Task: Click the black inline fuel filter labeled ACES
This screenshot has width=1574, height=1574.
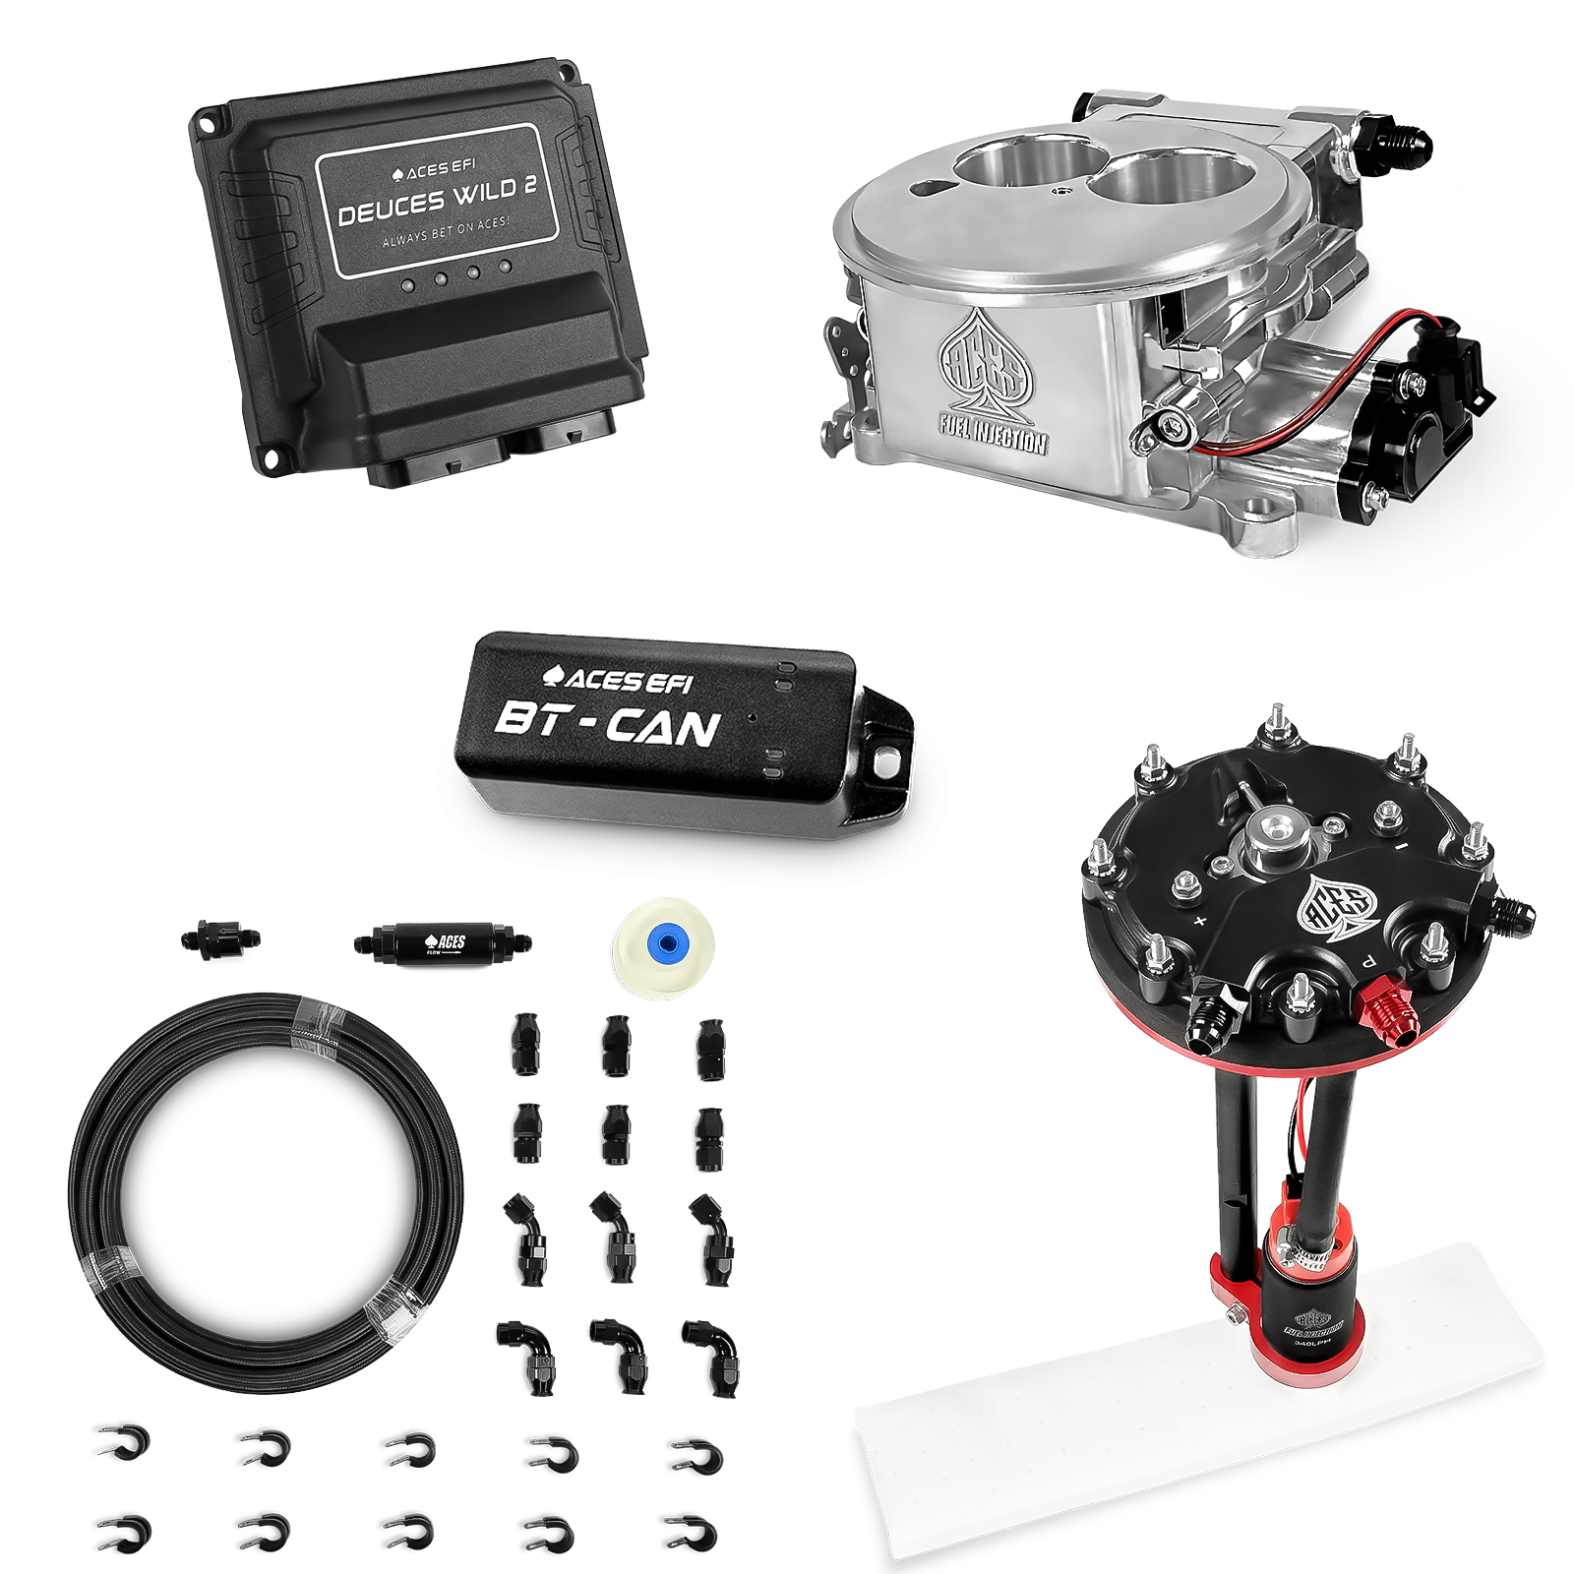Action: pos(442,941)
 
